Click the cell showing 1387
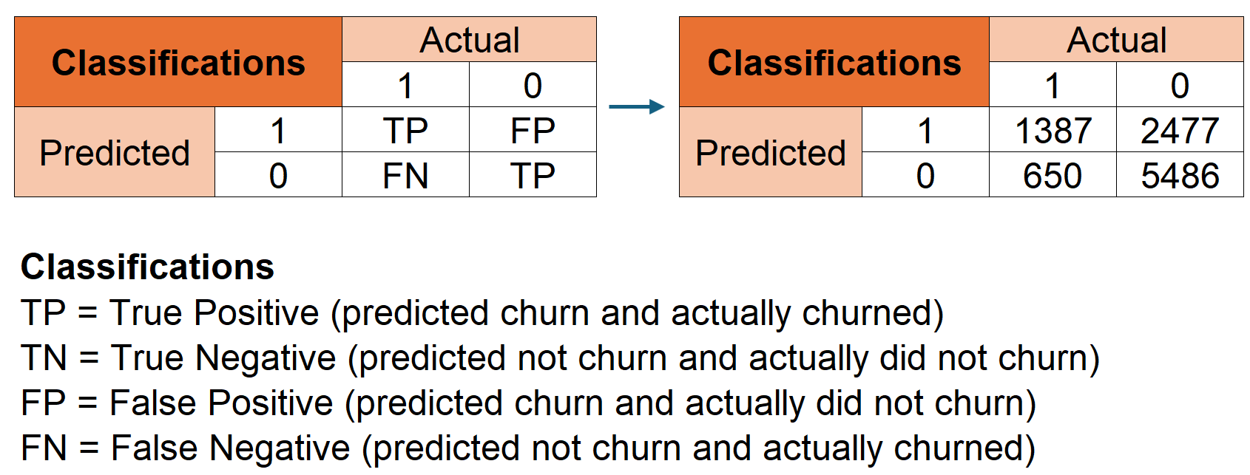click(x=1053, y=130)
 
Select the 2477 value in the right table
click(x=1180, y=130)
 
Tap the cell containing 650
click(x=1053, y=175)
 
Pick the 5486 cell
click(x=1180, y=175)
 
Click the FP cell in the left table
click(x=533, y=130)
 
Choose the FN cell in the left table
click(x=405, y=175)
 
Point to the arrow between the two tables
click(x=637, y=106)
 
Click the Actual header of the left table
click(x=470, y=40)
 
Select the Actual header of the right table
click(x=1116, y=40)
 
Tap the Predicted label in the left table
click(x=115, y=152)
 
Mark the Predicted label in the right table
click(x=771, y=152)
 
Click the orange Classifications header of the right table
click(x=834, y=62)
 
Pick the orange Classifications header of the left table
click(x=178, y=62)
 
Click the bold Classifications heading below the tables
click(x=147, y=267)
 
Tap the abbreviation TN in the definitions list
click(x=44, y=358)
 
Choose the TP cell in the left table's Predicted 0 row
click(x=533, y=175)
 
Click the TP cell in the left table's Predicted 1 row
click(x=405, y=130)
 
